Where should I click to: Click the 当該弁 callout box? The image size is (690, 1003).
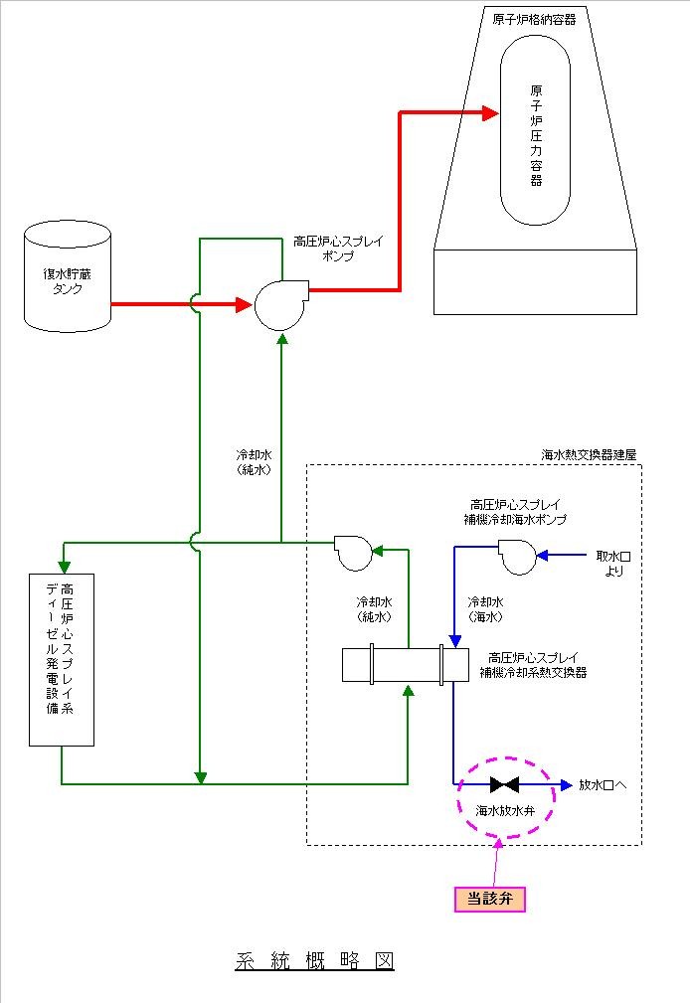coord(489,899)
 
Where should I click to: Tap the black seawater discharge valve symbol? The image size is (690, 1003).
coord(506,784)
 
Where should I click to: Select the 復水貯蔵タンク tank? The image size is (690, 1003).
coord(68,277)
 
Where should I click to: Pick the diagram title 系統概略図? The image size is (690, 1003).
coord(315,961)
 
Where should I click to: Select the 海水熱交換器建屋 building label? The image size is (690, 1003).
coord(589,454)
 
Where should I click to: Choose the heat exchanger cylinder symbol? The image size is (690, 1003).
coord(405,664)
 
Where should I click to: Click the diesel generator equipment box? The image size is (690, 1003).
coord(62,659)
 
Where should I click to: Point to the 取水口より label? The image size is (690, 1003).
coord(612,565)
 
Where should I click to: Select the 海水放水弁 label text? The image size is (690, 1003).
coord(506,811)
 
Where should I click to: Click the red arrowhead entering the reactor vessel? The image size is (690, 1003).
coord(490,113)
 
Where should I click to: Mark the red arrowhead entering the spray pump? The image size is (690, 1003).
coord(243,304)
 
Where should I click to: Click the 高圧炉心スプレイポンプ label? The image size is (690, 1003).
coord(338,248)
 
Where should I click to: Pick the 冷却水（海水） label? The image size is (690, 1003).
coord(485,609)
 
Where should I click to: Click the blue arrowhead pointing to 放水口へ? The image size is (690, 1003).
coord(566,784)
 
